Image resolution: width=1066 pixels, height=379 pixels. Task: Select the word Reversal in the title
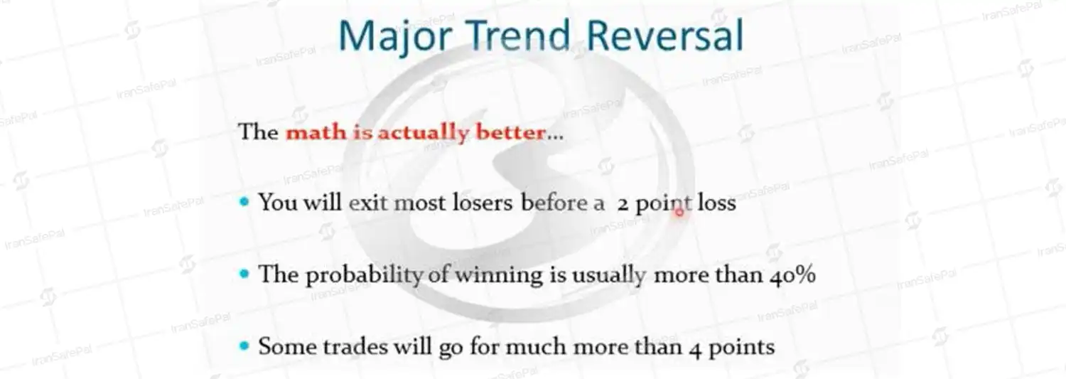(664, 35)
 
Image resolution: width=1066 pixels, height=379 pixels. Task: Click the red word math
(316, 132)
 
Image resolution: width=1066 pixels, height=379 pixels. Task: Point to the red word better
(511, 132)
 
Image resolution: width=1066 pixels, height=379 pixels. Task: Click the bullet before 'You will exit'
(244, 203)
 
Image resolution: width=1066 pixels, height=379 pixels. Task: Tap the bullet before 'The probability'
(244, 274)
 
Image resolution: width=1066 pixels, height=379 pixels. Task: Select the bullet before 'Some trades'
(244, 346)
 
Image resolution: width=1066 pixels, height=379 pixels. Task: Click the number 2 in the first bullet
(623, 205)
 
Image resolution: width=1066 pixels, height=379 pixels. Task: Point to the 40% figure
(793, 275)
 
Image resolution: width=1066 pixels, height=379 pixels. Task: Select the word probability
(364, 276)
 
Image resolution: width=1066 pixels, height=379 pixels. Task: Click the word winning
(499, 276)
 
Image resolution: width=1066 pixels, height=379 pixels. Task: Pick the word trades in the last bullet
(355, 346)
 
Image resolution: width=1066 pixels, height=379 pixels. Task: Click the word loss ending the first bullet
(716, 203)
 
